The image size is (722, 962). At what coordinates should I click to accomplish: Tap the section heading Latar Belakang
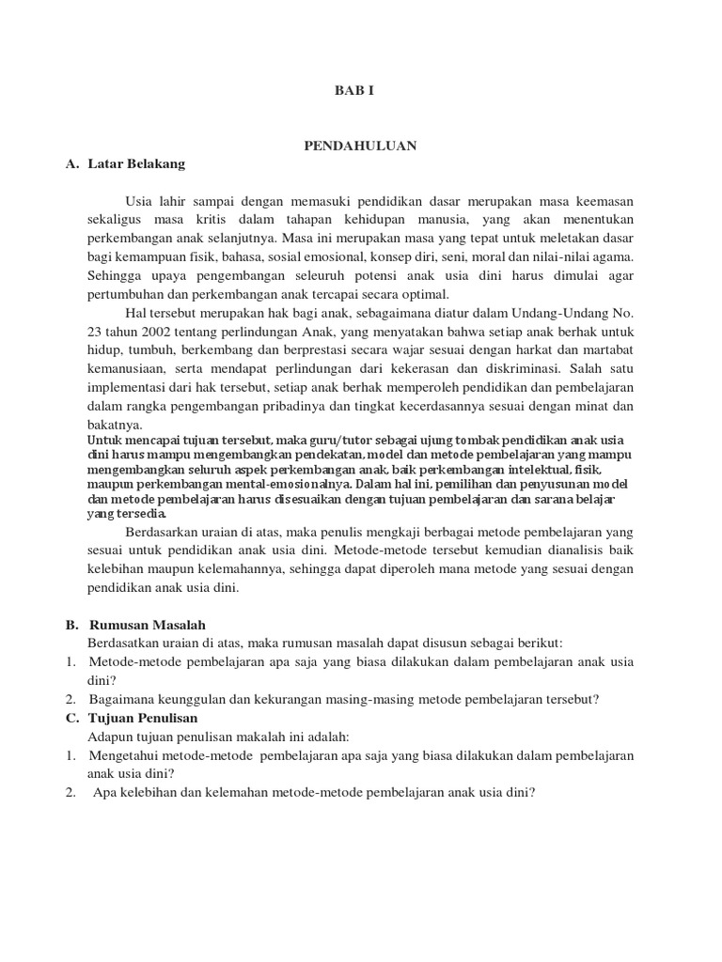coord(136,163)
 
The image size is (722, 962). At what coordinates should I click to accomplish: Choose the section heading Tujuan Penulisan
coord(149,718)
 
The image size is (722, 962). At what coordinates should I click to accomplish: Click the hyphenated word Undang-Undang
coord(566,313)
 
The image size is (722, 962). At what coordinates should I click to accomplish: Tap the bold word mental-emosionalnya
coord(280,485)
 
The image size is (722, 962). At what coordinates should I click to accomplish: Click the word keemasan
coord(603,202)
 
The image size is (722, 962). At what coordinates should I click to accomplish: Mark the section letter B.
coord(71,625)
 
